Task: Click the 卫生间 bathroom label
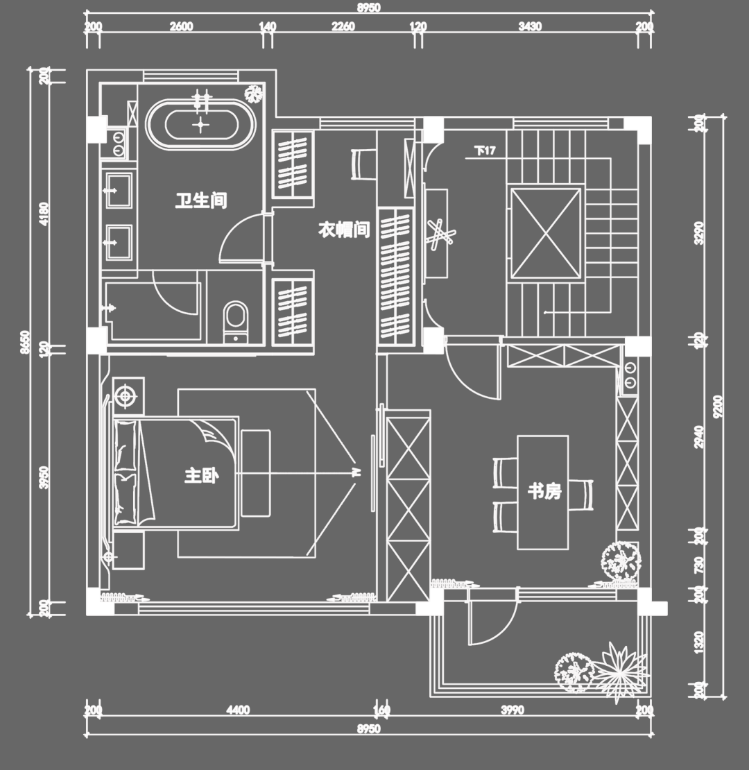point(200,201)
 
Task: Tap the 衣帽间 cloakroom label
point(343,230)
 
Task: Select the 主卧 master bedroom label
point(201,476)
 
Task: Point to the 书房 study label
point(544,492)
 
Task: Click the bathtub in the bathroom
point(200,125)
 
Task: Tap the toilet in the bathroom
point(236,320)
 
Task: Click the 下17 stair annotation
point(485,151)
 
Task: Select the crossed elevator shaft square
point(546,233)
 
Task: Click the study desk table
point(542,492)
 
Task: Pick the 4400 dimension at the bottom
point(237,710)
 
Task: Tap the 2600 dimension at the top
point(181,27)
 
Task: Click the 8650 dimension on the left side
point(25,343)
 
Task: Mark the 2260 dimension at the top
point(343,27)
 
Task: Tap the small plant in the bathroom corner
point(255,93)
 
